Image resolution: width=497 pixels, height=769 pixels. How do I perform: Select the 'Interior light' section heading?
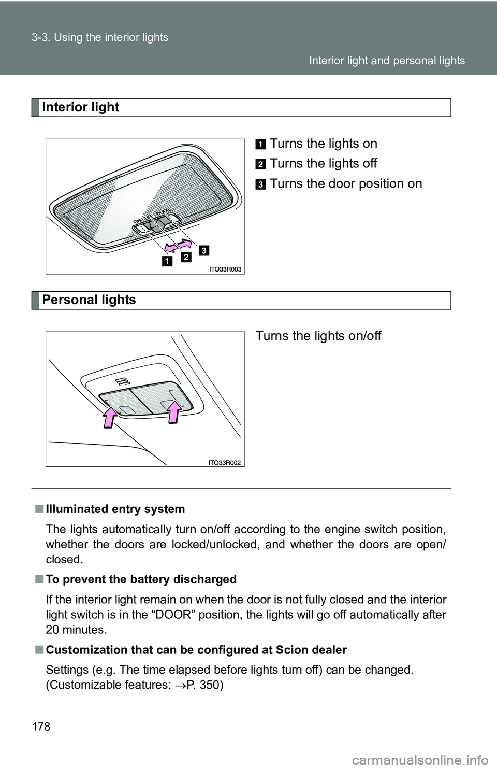pos(81,107)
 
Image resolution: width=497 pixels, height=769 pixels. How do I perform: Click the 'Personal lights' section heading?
pos(89,300)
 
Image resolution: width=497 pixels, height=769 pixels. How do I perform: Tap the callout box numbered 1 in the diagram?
pos(167,261)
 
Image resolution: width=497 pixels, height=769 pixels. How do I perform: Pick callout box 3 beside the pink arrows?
pos(203,251)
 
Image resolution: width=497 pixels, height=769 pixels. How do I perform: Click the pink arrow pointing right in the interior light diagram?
pos(184,241)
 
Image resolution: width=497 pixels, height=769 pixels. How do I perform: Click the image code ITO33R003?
pos(226,269)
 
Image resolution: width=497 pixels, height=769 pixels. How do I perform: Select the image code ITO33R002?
pos(226,462)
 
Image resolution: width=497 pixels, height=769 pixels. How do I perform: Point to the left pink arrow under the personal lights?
pos(109,417)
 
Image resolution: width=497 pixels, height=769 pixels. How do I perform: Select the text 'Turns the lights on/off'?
pos(318,336)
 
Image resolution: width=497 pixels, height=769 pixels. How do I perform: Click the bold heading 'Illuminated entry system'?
pos(115,509)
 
